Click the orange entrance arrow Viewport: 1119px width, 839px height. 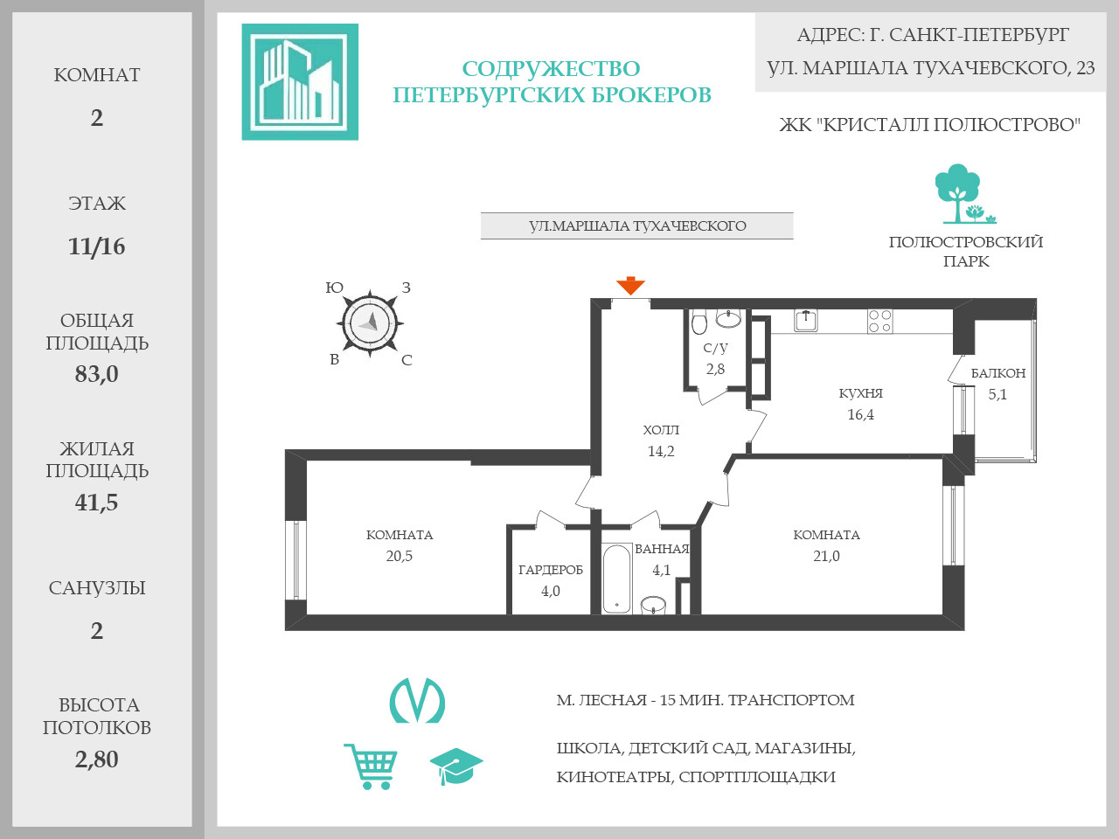pos(630,286)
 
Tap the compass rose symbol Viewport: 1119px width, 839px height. pos(370,323)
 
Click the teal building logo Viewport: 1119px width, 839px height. pos(300,82)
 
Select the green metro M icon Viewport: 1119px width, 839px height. pos(417,701)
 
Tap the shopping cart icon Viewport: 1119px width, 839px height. pos(372,766)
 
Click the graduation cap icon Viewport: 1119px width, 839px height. pos(455,766)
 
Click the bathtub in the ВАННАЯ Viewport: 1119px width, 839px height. pos(617,579)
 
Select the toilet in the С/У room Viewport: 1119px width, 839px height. pos(699,323)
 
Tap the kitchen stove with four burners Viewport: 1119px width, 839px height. pos(880,322)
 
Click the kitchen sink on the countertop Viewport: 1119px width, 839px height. pos(805,321)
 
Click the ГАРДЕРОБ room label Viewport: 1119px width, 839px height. pos(551,570)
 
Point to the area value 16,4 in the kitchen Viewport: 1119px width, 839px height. pos(860,415)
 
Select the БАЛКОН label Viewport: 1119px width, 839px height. pos(998,373)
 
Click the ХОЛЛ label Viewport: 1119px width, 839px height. pos(661,430)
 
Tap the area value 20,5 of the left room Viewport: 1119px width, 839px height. pos(400,556)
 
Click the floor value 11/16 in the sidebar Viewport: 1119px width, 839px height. pos(97,246)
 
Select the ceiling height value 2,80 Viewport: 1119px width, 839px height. pos(97,759)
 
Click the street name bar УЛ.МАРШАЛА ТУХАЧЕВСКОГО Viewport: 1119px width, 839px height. pos(636,225)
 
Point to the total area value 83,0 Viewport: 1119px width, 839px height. pos(97,374)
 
